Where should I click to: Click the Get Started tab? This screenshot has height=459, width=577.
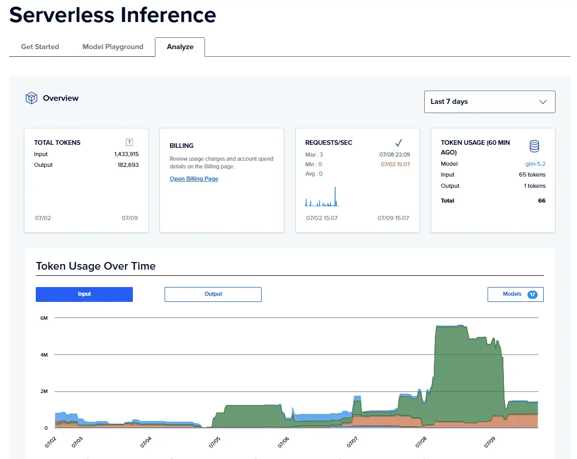pyautogui.click(x=40, y=47)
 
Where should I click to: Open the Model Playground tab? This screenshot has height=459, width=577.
pyautogui.click(x=112, y=47)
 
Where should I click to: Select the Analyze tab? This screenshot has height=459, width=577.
pyautogui.click(x=180, y=47)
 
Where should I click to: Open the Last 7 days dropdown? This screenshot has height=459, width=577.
pyautogui.click(x=490, y=102)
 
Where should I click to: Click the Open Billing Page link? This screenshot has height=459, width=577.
pyautogui.click(x=194, y=179)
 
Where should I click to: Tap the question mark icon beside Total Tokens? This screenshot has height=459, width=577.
pyautogui.click(x=129, y=142)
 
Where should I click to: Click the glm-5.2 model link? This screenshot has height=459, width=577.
pyautogui.click(x=536, y=164)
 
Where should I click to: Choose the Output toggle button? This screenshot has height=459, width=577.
pyautogui.click(x=213, y=294)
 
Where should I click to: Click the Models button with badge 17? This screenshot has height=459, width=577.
pyautogui.click(x=516, y=294)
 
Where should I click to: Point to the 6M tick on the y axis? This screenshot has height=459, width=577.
pyautogui.click(x=44, y=318)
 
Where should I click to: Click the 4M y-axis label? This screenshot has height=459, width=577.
pyautogui.click(x=44, y=355)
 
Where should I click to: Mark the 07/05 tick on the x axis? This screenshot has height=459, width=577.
pyautogui.click(x=214, y=442)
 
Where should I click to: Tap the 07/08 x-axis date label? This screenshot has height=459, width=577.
pyautogui.click(x=421, y=442)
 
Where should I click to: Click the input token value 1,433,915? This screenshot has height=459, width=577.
pyautogui.click(x=127, y=154)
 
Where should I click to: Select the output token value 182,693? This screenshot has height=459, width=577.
pyautogui.click(x=128, y=165)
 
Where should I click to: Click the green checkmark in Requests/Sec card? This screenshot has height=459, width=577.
pyautogui.click(x=399, y=143)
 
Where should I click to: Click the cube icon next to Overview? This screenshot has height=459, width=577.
pyautogui.click(x=31, y=98)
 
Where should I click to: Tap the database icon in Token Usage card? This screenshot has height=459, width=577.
pyautogui.click(x=534, y=146)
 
